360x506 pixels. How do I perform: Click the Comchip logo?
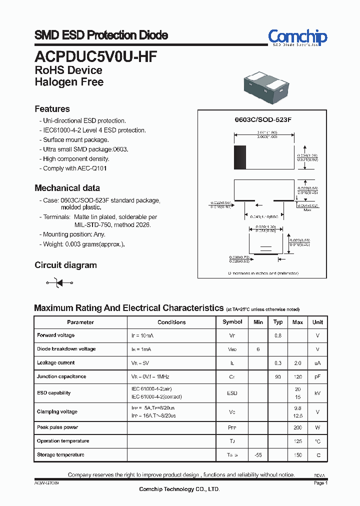(x=297, y=37)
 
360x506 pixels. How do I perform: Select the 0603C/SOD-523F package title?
(x=263, y=120)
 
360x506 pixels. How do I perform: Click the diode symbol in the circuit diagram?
(x=59, y=283)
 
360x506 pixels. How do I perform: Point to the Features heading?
(x=52, y=109)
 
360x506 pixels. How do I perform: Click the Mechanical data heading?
(x=67, y=188)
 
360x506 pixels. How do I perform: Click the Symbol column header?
(x=232, y=322)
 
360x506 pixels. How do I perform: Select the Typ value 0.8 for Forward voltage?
(x=278, y=335)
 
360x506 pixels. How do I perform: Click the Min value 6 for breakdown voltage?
(x=258, y=349)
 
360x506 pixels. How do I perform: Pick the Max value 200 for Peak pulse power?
(x=297, y=428)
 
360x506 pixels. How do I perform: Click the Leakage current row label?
(x=56, y=363)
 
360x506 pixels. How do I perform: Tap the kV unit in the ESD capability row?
(x=317, y=393)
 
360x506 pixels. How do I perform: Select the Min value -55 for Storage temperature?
(x=258, y=455)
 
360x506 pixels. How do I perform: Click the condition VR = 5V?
(x=140, y=363)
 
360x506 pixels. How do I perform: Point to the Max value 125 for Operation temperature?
(x=297, y=441)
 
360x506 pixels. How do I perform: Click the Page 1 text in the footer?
(x=320, y=483)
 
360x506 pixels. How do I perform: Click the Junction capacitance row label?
(x=61, y=376)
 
